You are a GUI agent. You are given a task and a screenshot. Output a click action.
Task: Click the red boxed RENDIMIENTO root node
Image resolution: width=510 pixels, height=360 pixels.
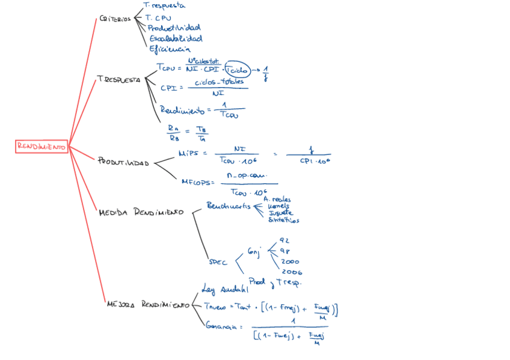click(x=41, y=146)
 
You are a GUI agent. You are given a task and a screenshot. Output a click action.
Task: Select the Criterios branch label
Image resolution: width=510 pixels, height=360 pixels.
click(x=115, y=19)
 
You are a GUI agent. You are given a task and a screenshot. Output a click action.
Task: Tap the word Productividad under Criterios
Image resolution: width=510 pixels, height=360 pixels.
click(x=174, y=28)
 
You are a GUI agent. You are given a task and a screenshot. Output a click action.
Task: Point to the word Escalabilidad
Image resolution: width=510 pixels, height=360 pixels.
click(x=175, y=38)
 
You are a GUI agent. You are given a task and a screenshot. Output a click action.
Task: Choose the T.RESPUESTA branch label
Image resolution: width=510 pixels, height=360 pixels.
click(x=118, y=79)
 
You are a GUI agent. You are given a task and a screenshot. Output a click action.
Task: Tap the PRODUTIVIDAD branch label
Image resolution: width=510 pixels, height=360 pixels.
click(x=123, y=162)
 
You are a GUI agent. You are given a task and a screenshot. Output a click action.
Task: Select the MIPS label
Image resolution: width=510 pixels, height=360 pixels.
click(x=191, y=153)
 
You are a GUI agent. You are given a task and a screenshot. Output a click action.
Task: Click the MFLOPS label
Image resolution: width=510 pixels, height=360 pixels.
click(x=197, y=181)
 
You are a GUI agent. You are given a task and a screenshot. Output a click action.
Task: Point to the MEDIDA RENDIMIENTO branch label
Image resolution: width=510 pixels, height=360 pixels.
click(x=141, y=212)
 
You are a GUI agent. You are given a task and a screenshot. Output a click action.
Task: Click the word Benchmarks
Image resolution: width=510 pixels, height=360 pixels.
click(x=229, y=206)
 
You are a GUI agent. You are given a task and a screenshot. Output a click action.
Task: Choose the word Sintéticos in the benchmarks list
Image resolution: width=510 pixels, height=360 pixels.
click(x=283, y=220)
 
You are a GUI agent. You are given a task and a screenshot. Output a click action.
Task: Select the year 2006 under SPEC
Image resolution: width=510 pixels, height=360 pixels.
click(x=291, y=272)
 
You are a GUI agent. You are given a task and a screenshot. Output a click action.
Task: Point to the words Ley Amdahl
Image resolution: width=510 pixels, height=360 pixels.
click(x=226, y=288)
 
